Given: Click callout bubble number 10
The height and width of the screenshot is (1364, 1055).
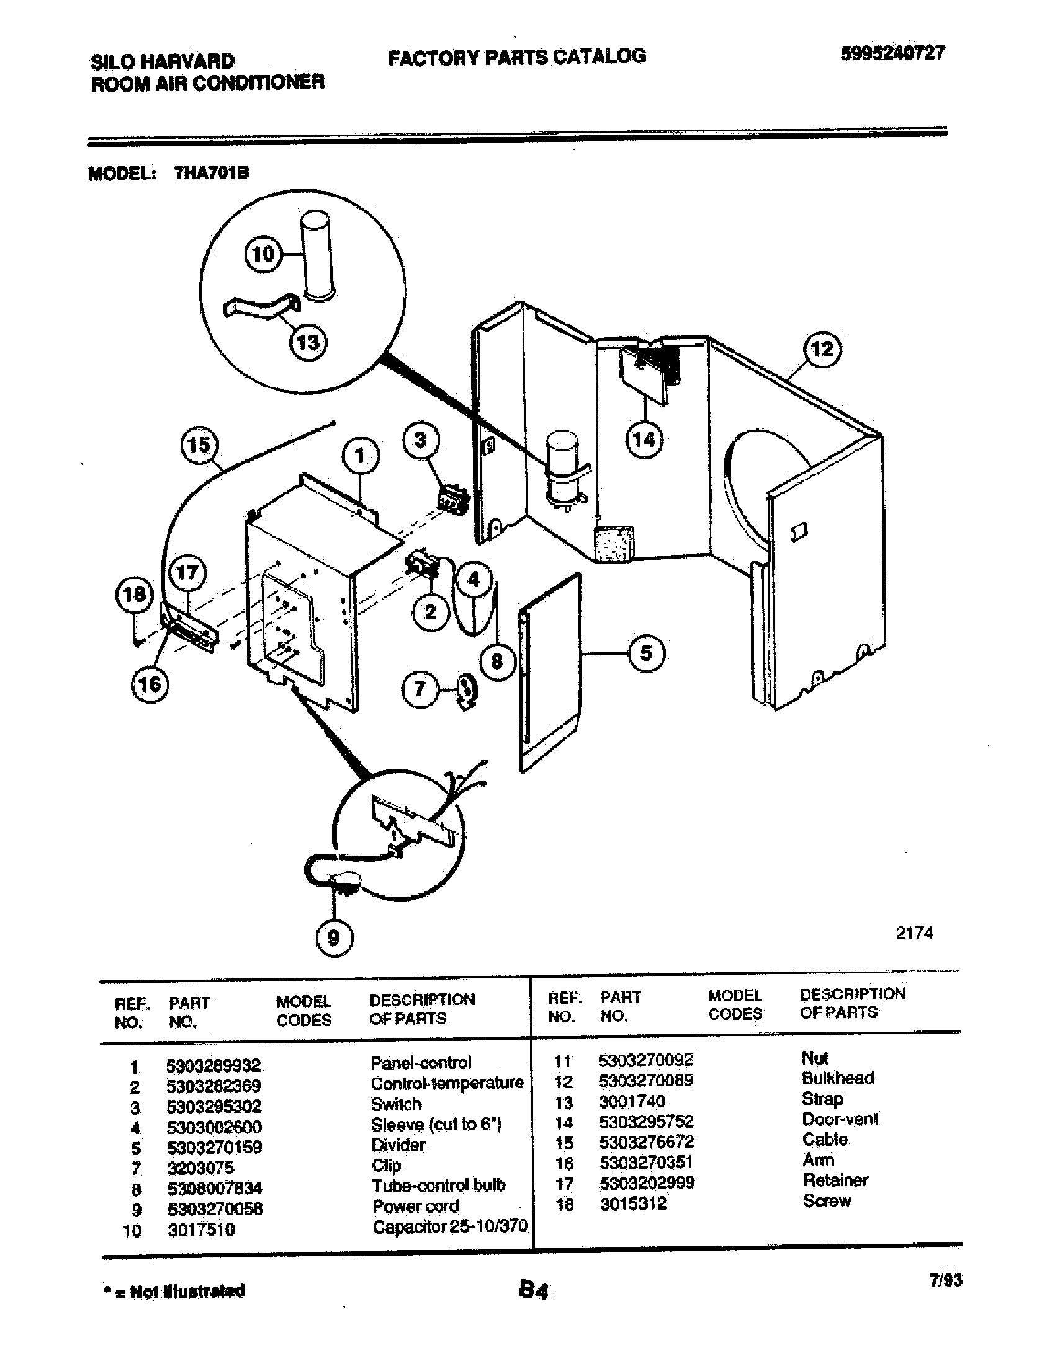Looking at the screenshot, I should (x=263, y=254).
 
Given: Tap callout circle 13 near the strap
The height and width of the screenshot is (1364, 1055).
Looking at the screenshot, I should (x=307, y=342).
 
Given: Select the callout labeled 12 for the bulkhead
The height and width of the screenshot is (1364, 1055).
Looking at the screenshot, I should (x=822, y=349).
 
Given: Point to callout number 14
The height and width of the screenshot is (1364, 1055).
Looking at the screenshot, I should (x=644, y=440).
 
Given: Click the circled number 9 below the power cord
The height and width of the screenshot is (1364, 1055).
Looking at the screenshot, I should (x=334, y=937).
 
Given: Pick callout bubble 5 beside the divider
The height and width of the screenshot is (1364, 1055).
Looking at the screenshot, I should (x=645, y=653).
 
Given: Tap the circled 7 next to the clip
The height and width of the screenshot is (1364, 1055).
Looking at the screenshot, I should (x=420, y=689).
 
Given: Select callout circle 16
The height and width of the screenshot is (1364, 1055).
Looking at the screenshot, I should (x=150, y=684).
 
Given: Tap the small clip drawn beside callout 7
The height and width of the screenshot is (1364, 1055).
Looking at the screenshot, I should (x=466, y=691).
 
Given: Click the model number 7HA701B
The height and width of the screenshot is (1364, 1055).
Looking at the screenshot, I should (x=211, y=173).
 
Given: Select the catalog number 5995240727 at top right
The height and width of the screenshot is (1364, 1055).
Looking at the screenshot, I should (x=892, y=54).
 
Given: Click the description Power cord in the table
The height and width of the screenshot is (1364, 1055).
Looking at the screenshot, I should (x=416, y=1206).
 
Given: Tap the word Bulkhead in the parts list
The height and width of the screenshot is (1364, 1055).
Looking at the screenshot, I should (x=838, y=1078).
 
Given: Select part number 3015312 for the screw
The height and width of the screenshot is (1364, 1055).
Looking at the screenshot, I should (x=633, y=1203).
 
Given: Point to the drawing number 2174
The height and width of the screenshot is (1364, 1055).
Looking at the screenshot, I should (x=914, y=933).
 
